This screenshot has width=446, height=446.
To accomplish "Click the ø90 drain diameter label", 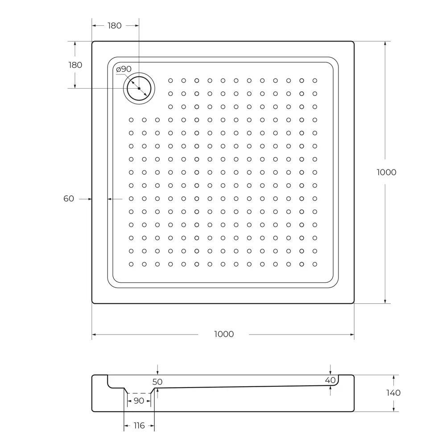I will coord(124,69).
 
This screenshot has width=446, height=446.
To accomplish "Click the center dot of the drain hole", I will coord(139,88).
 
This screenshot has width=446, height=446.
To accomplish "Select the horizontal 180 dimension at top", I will coord(115,26).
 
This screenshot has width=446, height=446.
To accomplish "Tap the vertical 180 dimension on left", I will coord(75,65).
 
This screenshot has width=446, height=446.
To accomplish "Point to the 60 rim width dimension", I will coord(69,199).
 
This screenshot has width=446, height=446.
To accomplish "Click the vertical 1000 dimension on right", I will coord(386,173).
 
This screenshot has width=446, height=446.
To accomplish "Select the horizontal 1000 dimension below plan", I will coord(224,334).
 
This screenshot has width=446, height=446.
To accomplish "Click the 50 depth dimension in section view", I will coord(157,382).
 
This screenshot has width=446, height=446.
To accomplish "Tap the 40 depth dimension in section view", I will coord(330,380).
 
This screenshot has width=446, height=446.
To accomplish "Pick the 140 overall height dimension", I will coord(394,393).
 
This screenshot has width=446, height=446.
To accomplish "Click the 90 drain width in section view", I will coord(139,401).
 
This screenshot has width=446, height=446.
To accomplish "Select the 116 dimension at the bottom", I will coord(139,426).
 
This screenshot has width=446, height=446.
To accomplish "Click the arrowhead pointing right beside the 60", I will coord(89,199).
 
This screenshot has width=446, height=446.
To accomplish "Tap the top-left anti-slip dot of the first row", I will coord(170,81).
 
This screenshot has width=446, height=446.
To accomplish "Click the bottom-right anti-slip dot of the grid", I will coord(315,264).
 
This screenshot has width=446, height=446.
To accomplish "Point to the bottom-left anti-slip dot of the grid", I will coord(131,264).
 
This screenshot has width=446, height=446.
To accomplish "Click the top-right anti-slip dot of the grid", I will coord(315,81).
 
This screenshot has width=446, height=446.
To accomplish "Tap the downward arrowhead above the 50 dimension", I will coord(157,372).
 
